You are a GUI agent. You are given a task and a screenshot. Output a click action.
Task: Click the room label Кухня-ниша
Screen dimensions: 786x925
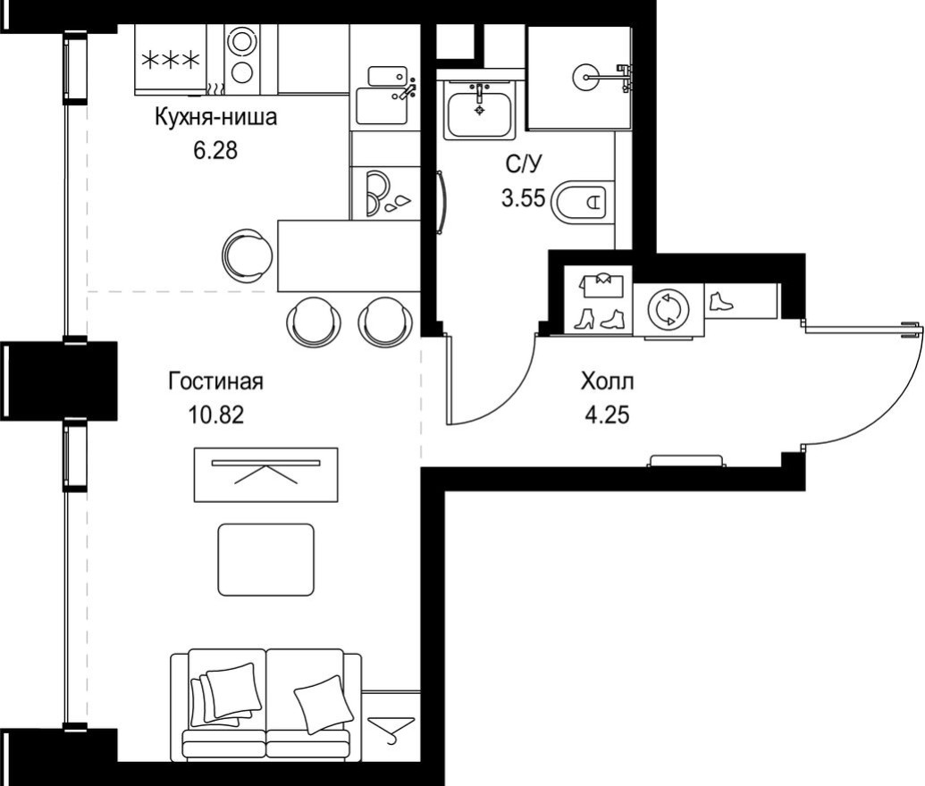click(215, 118)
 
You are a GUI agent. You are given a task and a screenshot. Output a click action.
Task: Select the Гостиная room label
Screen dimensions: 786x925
click(215, 382)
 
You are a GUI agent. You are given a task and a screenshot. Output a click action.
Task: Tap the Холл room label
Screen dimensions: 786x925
click(607, 382)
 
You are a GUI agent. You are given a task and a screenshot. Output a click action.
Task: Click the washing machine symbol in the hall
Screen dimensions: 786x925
click(669, 309)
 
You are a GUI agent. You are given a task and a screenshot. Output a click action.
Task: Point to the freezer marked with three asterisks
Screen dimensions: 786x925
click(171, 59)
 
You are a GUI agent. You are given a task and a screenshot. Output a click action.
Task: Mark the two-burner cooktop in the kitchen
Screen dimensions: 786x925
click(241, 55)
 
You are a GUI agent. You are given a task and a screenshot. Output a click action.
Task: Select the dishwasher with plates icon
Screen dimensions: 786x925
click(384, 193)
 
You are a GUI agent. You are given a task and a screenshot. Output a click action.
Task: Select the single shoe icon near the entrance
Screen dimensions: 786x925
click(719, 301)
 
